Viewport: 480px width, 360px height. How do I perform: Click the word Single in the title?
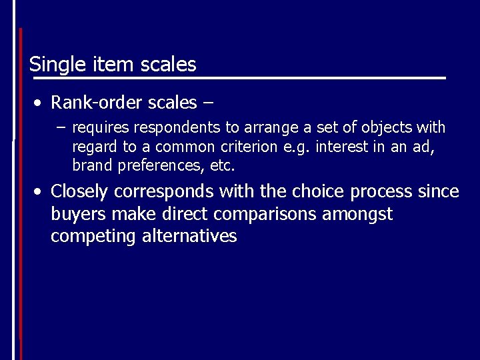51,65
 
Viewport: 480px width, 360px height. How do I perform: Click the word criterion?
247,146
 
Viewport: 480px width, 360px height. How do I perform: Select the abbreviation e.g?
297,146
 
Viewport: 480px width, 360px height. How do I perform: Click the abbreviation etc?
223,165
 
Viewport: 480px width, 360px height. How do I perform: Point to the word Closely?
79,192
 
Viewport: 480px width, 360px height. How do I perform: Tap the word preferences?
161,165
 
